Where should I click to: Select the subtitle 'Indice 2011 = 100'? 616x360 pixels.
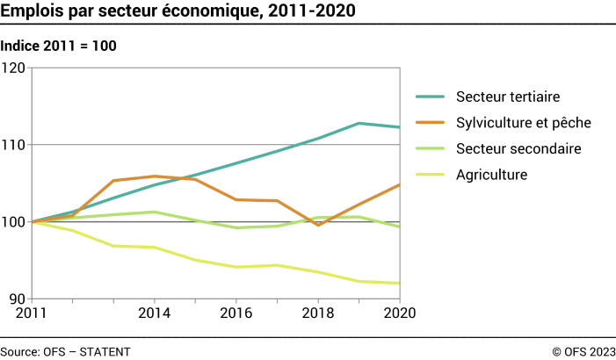(x=59, y=46)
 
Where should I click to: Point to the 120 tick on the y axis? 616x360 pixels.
(x=14, y=68)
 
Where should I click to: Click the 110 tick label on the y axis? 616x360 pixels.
(x=14, y=144)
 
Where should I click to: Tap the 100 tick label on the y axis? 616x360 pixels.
(x=14, y=221)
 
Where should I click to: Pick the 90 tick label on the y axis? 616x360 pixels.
(x=18, y=299)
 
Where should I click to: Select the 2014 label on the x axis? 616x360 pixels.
(x=155, y=312)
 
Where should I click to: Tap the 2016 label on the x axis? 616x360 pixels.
(x=236, y=312)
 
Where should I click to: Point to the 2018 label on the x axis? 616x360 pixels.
(x=318, y=312)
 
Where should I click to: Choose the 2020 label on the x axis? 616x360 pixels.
(x=399, y=312)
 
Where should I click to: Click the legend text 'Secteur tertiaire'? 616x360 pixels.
(x=508, y=96)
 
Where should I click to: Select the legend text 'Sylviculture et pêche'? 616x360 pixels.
(x=523, y=122)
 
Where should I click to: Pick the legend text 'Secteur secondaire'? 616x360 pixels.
(x=518, y=148)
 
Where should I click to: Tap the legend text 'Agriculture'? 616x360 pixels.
(x=491, y=175)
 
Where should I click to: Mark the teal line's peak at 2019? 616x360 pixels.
(x=359, y=123)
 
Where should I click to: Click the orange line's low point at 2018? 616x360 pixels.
(x=318, y=226)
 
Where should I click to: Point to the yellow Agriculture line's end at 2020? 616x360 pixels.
(x=400, y=284)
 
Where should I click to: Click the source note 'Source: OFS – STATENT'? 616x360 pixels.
(x=66, y=351)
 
